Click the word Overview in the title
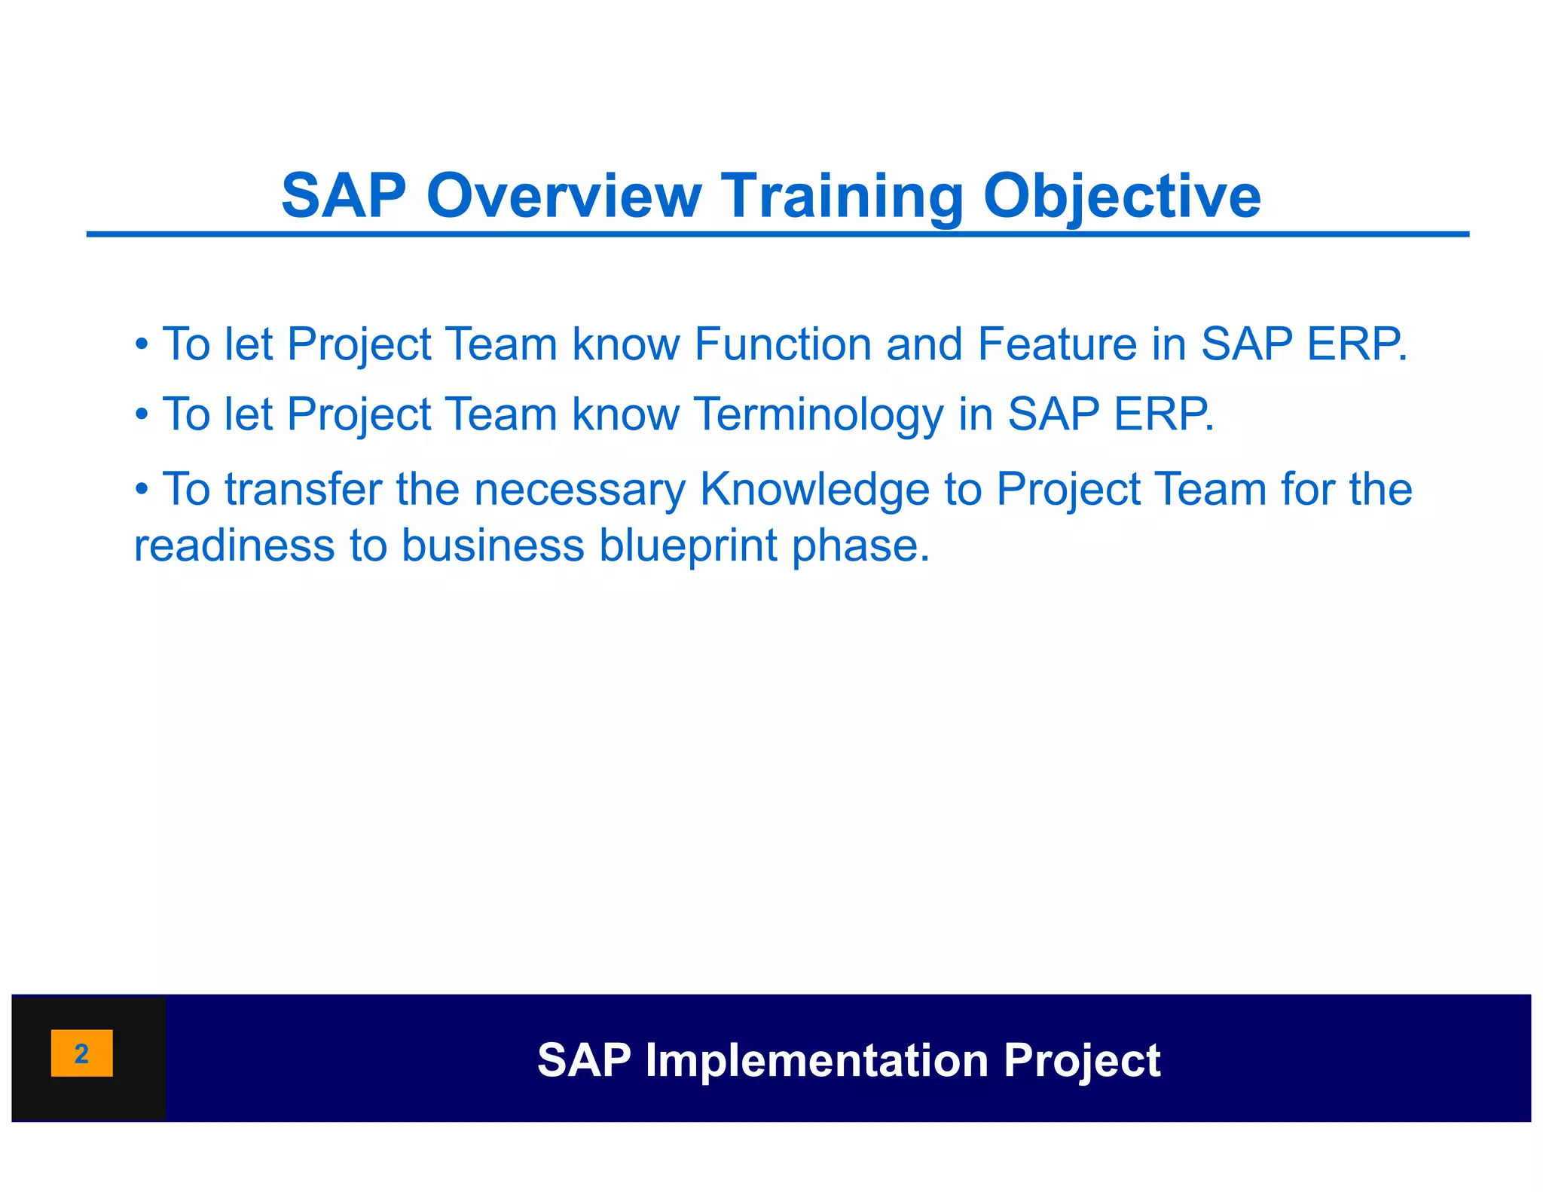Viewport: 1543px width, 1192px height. click(x=564, y=196)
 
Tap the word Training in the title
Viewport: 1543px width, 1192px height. click(x=842, y=196)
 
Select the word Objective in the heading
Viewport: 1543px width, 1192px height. click(x=1122, y=196)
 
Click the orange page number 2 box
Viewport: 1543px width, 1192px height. click(x=81, y=1053)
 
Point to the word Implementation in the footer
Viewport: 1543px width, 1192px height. click(x=817, y=1060)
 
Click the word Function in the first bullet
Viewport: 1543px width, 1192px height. click(x=783, y=344)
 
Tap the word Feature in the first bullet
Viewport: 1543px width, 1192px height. click(x=1057, y=344)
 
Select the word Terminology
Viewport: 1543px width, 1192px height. click(x=817, y=414)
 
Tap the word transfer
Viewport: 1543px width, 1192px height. click(x=303, y=489)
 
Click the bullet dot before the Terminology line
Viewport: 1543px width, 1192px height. click(x=142, y=415)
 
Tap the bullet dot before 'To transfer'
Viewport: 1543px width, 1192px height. click(x=142, y=490)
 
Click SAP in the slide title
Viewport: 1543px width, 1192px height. click(x=344, y=196)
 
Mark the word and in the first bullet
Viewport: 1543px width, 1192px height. click(x=924, y=344)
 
